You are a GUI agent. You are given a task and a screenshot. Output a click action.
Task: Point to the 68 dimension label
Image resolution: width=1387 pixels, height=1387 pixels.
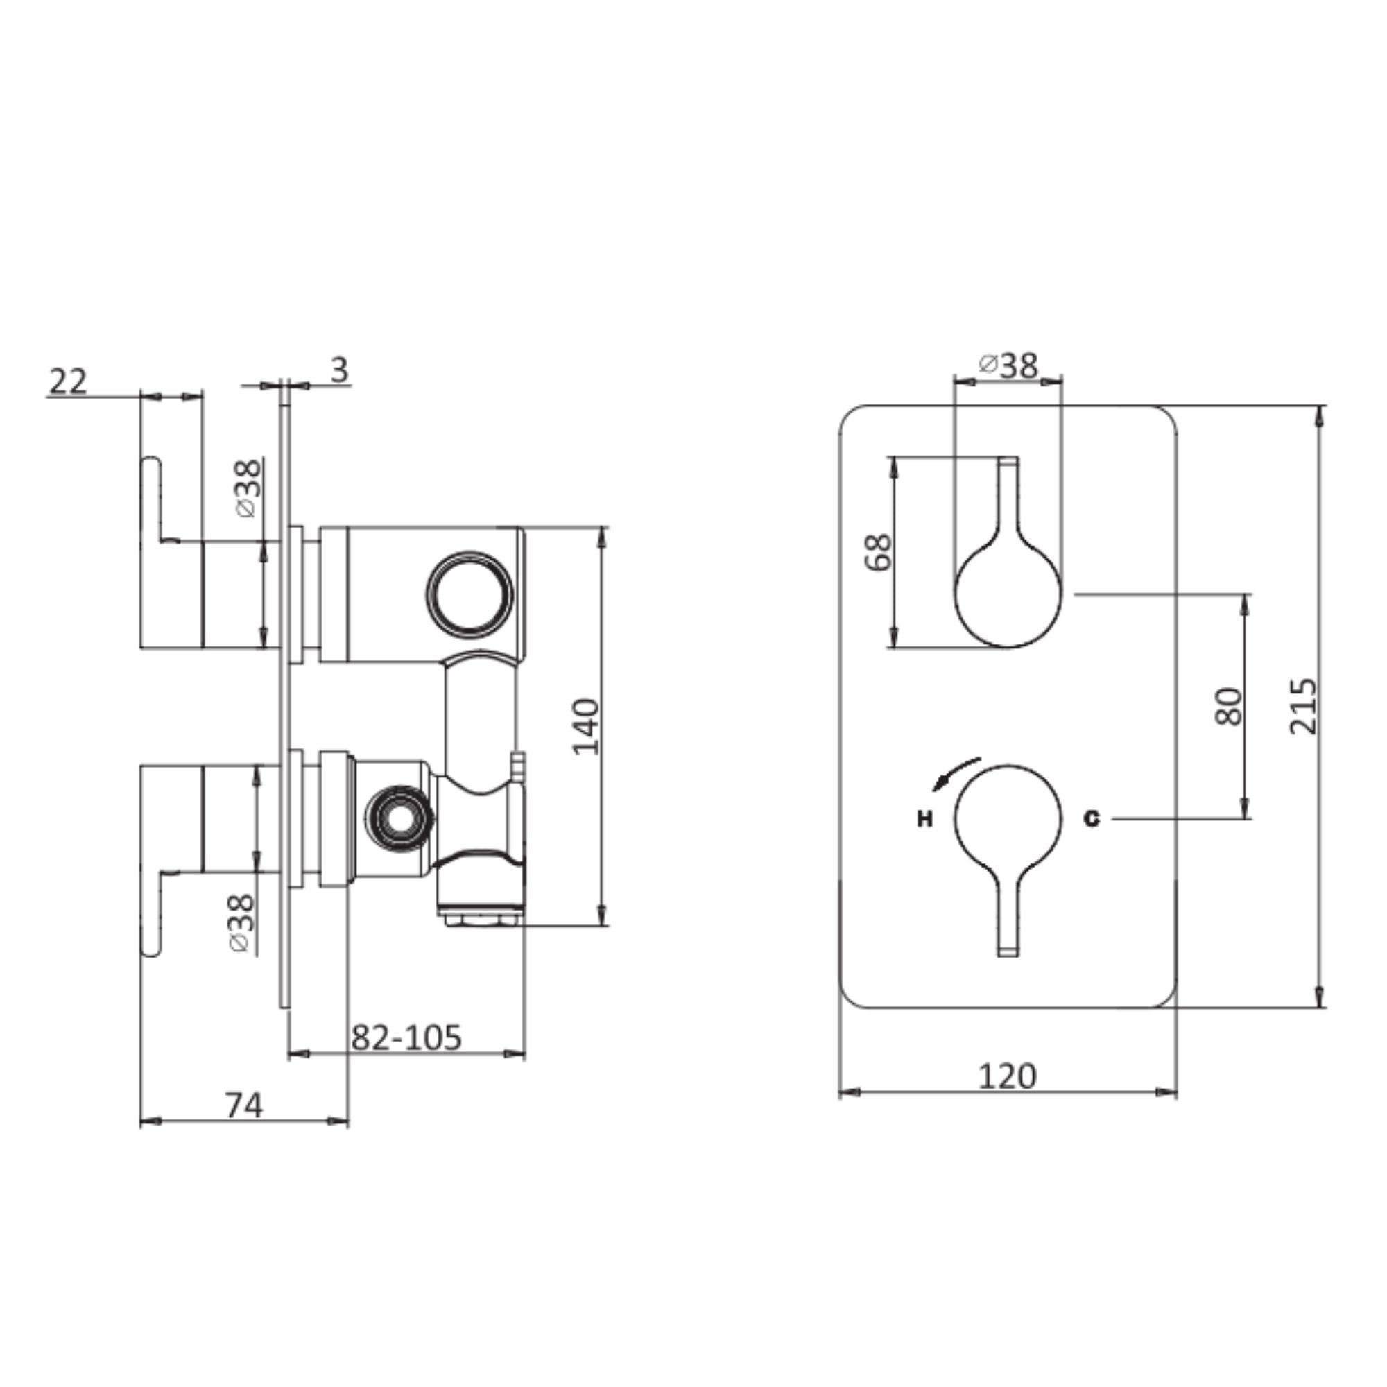(879, 552)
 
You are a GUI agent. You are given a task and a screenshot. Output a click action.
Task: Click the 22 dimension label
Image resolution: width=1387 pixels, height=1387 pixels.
(67, 381)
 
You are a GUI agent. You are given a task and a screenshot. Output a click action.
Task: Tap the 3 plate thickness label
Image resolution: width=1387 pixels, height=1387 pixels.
(339, 370)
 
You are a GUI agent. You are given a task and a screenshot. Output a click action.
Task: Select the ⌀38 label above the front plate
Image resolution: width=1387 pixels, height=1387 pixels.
(1008, 365)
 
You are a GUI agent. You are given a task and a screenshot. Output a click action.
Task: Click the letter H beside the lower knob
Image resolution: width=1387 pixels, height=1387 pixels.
(924, 818)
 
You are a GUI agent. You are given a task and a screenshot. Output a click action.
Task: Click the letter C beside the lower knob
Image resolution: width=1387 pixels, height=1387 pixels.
(1091, 818)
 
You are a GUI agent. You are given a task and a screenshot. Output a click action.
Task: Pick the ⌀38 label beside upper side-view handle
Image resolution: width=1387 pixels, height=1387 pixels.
(247, 488)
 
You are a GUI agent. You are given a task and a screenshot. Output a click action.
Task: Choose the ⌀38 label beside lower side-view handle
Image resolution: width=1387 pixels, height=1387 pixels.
(242, 922)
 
